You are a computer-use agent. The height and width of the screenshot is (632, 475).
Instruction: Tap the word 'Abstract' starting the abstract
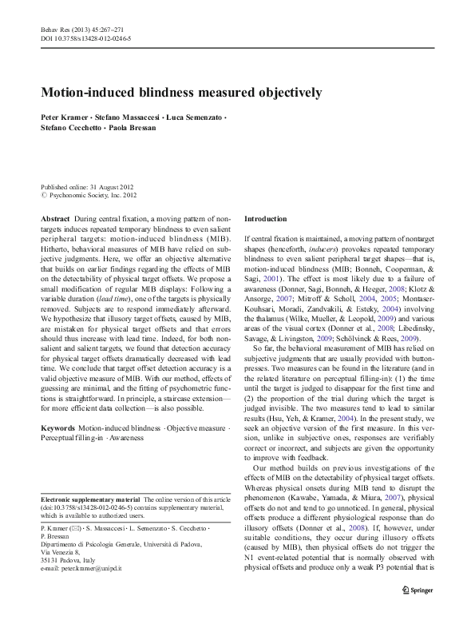point(54,218)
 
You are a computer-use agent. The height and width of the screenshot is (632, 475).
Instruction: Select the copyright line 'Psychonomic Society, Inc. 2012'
point(93,193)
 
